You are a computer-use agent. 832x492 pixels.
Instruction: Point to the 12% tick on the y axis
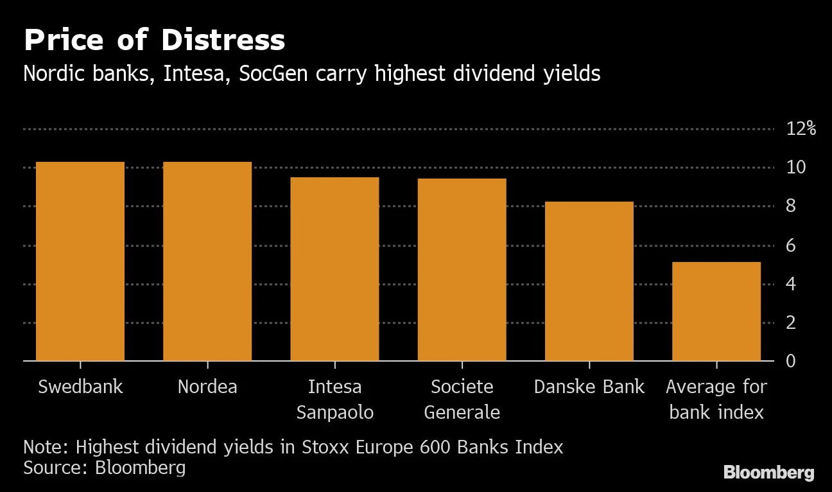point(801,128)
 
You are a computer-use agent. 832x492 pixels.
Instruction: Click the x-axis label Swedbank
point(80,387)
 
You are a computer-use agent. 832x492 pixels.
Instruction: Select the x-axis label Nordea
point(207,387)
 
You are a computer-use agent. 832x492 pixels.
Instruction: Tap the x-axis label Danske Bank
point(589,387)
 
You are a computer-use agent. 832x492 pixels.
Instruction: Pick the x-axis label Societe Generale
point(462,399)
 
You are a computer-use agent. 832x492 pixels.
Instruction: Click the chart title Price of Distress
point(154,40)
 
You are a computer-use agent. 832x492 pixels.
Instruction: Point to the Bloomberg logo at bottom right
point(768,473)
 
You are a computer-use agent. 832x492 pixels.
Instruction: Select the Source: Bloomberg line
point(104,468)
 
